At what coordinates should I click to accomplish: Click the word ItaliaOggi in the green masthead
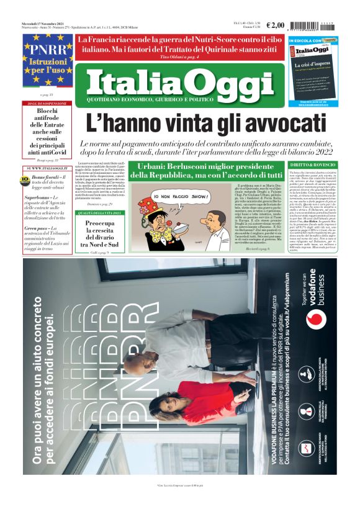click(180, 81)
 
